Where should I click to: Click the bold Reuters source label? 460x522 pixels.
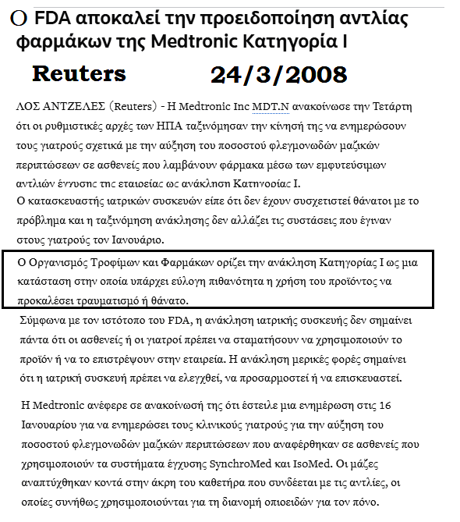[78, 73]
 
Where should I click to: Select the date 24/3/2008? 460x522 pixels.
[279, 74]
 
